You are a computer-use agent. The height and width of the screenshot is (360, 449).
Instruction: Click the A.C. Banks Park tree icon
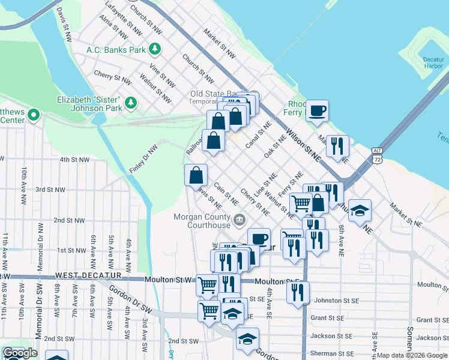(155, 49)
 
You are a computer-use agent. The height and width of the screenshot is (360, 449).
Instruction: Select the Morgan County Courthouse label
(202, 221)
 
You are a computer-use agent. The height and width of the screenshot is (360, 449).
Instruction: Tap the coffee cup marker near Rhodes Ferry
(317, 110)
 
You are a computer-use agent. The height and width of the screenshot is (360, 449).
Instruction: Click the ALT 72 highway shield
(376, 155)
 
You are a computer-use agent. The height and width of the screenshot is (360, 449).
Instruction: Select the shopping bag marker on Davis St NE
(196, 175)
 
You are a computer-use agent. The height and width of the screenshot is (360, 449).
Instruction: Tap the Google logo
(20, 353)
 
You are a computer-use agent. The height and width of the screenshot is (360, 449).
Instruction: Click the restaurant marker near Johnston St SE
(298, 293)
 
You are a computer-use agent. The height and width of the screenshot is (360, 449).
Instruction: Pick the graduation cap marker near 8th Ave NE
(360, 211)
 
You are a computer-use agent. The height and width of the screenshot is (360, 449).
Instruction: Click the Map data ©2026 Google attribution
(412, 356)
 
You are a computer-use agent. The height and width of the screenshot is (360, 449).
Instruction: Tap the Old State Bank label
(214, 94)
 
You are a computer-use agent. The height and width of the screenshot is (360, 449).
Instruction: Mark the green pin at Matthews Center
(34, 114)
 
